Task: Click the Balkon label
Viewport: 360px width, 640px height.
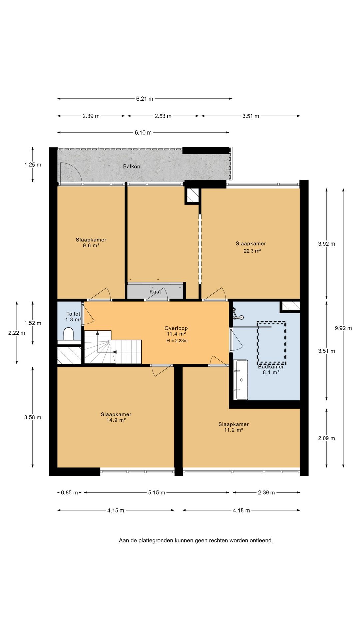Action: [132, 166]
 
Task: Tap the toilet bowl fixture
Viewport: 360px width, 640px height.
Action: [68, 334]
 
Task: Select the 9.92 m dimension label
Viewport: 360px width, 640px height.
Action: [343, 328]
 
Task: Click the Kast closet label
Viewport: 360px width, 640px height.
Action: [155, 292]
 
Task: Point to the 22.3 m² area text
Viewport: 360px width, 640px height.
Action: [252, 251]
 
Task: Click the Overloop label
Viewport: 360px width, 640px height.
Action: [176, 328]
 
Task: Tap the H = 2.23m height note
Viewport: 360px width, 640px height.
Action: [177, 341]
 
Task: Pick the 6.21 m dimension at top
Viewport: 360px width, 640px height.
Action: [145, 99]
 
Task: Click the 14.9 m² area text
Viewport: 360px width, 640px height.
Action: [116, 420]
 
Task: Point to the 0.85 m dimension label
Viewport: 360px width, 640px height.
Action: [69, 492]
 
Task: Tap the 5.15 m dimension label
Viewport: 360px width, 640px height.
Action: [157, 492]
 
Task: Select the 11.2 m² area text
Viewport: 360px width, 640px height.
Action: [234, 430]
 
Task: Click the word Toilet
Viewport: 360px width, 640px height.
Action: [73, 314]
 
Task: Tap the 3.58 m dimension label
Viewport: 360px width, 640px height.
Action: [33, 417]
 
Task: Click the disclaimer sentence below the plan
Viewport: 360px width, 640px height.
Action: [196, 540]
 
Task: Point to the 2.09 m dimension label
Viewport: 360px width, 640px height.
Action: [326, 438]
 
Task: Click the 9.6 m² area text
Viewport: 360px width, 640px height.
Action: [91, 246]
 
